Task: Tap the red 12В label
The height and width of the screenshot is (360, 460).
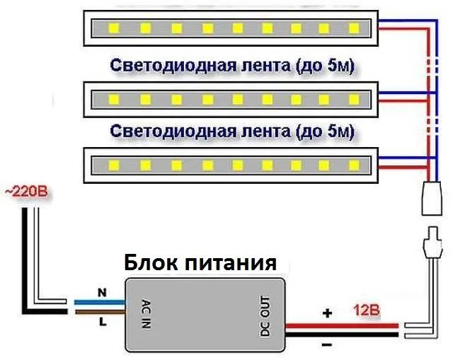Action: pos(366,310)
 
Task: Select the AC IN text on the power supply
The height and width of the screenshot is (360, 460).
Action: pos(146,313)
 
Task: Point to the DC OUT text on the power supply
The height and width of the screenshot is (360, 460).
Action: pos(265,316)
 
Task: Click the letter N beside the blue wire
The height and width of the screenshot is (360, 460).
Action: pos(102,292)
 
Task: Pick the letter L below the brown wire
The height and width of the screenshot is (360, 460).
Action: pos(103,323)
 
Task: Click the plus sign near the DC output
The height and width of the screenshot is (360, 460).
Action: pos(327,313)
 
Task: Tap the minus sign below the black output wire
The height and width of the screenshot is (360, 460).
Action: pos(327,344)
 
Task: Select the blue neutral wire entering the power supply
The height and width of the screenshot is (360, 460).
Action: pos(100,302)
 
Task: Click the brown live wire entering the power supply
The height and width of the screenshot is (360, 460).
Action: pos(100,312)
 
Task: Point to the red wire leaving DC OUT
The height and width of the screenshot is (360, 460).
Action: pos(342,325)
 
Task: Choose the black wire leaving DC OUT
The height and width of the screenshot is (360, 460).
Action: pos(342,335)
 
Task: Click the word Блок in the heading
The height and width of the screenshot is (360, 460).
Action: pos(151,262)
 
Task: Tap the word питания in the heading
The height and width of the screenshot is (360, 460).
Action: pos(231,263)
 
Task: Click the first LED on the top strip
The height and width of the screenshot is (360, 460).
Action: pos(114,28)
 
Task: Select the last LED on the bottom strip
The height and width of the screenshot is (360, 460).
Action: pos(354,166)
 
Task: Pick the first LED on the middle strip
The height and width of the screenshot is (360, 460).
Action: pos(114,100)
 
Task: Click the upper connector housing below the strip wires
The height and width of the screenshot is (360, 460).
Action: pos(432,199)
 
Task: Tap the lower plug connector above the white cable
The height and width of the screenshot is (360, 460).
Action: pos(432,243)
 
